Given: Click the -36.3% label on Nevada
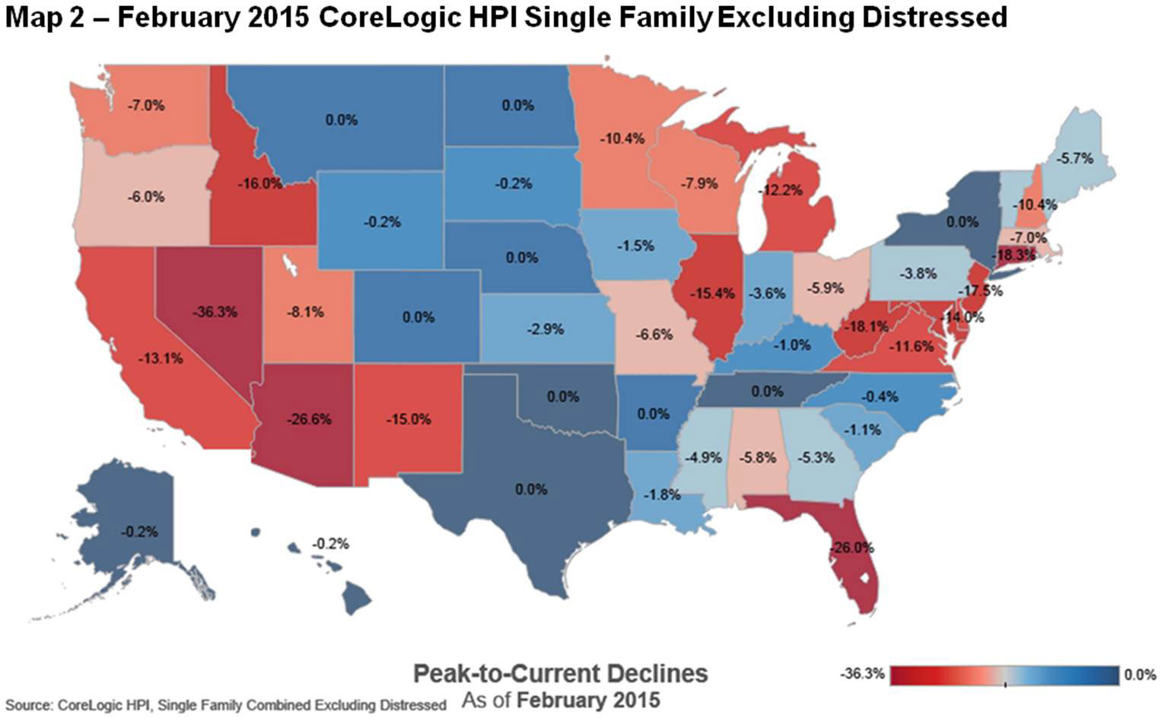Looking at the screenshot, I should pyautogui.click(x=215, y=312).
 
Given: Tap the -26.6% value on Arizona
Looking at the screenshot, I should pyautogui.click(x=309, y=419).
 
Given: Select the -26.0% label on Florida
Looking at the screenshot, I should pyautogui.click(x=852, y=548).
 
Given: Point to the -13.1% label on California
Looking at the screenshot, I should pyautogui.click(x=161, y=357).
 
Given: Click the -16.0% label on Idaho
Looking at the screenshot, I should pyautogui.click(x=259, y=183).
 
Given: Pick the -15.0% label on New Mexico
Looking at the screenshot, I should pyautogui.click(x=409, y=419).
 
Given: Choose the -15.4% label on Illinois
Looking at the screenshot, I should pyautogui.click(x=712, y=293).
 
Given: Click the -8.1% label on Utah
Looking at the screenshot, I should pyautogui.click(x=306, y=312).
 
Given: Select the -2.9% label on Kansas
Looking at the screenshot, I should pyautogui.click(x=546, y=329).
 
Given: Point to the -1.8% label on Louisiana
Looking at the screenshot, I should pyautogui.click(x=662, y=494).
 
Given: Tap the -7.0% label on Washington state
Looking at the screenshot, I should pyautogui.click(x=146, y=106).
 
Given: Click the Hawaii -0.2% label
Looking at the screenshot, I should pyautogui.click(x=331, y=544).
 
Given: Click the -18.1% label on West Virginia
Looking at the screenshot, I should pyautogui.click(x=867, y=326).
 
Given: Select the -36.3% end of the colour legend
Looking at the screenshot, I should pyautogui.click(x=863, y=675).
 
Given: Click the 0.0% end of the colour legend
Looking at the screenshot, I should pyautogui.click(x=1140, y=675).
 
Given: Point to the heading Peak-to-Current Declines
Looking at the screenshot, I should pyautogui.click(x=560, y=673).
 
